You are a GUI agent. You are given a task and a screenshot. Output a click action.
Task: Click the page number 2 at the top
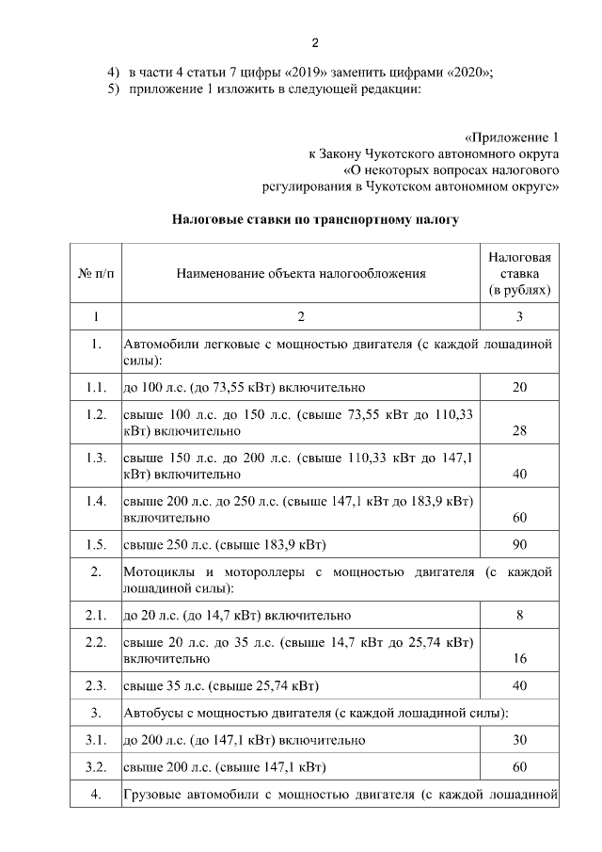pyautogui.click(x=315, y=43)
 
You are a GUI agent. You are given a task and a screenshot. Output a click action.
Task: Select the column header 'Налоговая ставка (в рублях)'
pyautogui.click(x=519, y=273)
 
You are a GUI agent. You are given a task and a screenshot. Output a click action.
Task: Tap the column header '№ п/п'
pyautogui.click(x=96, y=274)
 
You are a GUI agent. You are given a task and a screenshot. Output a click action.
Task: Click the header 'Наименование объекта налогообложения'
pyautogui.click(x=301, y=274)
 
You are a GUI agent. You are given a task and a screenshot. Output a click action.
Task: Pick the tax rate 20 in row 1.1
pyautogui.click(x=519, y=387)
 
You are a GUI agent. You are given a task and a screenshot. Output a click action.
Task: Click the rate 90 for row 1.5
pyautogui.click(x=519, y=546)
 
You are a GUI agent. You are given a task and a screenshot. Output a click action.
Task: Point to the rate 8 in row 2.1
pyautogui.click(x=519, y=616)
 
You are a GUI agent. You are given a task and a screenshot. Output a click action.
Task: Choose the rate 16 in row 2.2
pyautogui.click(x=519, y=660)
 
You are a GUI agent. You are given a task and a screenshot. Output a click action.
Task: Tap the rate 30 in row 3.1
pyautogui.click(x=519, y=740)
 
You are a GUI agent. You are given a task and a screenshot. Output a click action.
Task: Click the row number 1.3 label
pyautogui.click(x=96, y=458)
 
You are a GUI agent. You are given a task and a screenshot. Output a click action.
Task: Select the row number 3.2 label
pyautogui.click(x=96, y=766)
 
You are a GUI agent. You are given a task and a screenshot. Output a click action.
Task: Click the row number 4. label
pyautogui.click(x=96, y=795)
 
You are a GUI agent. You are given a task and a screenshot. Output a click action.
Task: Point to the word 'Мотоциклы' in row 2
pyautogui.click(x=156, y=572)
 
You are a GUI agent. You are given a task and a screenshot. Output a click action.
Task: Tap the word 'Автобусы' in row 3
pyautogui.click(x=150, y=713)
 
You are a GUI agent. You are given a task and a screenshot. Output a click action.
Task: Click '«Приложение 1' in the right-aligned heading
pyautogui.click(x=512, y=137)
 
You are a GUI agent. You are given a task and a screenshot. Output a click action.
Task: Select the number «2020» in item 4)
pyautogui.click(x=467, y=72)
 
